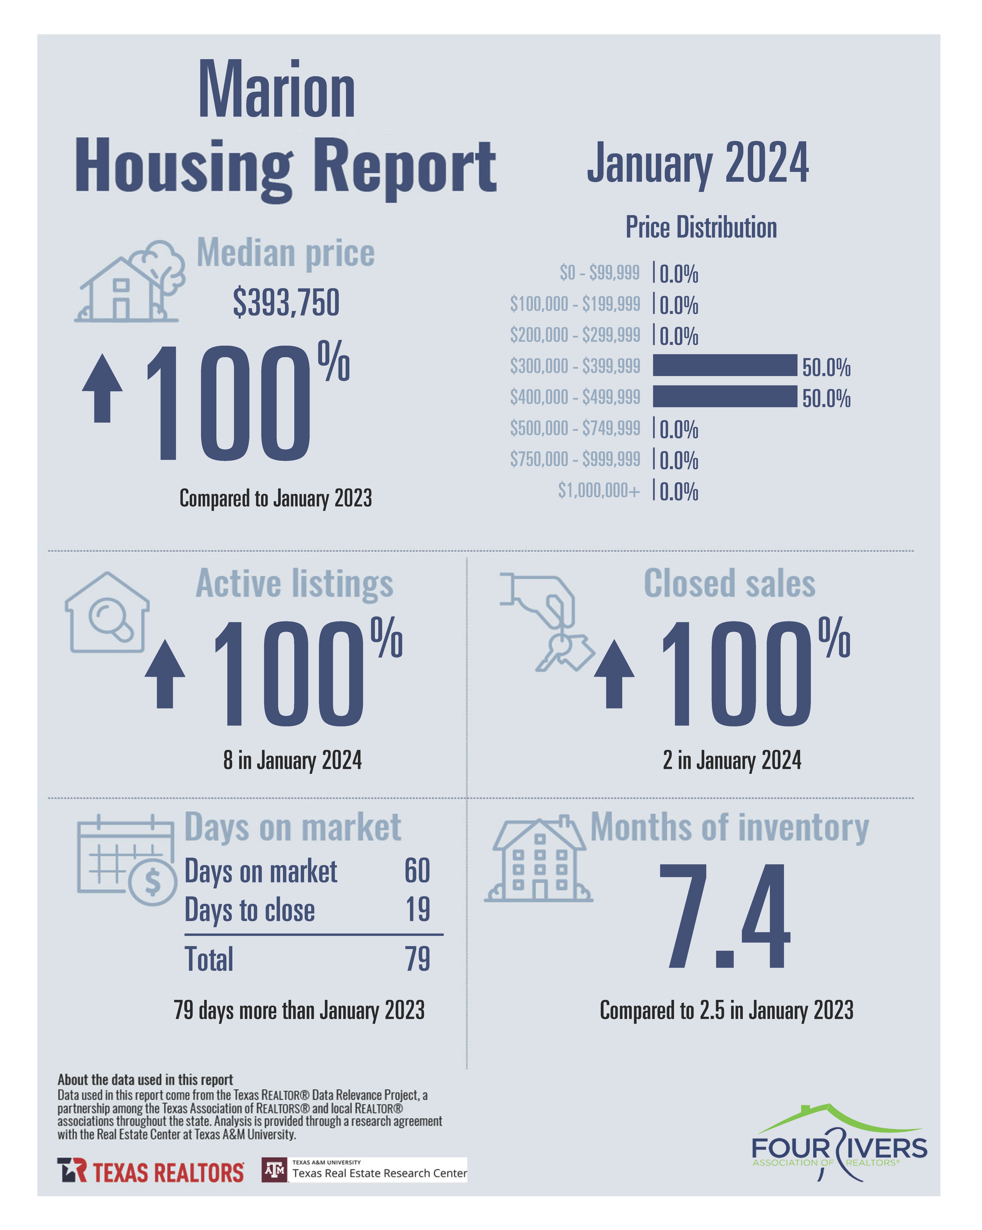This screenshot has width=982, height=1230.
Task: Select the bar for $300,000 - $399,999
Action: click(724, 365)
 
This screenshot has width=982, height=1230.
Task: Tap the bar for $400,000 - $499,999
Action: click(724, 396)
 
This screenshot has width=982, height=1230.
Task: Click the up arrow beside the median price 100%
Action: click(102, 388)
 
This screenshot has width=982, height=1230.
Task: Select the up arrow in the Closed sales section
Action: click(614, 673)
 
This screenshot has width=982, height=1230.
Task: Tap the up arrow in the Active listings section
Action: click(165, 673)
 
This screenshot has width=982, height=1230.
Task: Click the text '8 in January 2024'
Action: click(292, 760)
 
